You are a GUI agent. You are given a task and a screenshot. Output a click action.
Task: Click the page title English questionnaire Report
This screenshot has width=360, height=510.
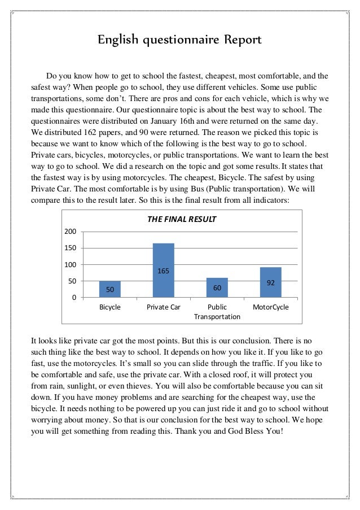click(x=179, y=41)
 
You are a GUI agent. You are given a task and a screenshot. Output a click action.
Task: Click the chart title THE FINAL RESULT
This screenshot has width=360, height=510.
click(x=182, y=218)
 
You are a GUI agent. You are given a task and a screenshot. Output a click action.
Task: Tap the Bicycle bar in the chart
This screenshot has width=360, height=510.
click(x=109, y=289)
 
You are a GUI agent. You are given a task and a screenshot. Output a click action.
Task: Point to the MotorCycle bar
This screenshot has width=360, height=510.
click(x=270, y=282)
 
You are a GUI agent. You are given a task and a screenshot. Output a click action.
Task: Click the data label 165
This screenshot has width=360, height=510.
click(x=163, y=272)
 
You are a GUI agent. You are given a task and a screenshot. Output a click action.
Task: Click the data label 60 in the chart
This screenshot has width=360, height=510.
click(x=217, y=288)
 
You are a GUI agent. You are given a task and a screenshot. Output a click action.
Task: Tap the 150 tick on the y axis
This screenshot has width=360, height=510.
click(x=71, y=249)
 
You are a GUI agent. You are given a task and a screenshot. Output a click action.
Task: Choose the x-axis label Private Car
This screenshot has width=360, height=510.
click(x=163, y=307)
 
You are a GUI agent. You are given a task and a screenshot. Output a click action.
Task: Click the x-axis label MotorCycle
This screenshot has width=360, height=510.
click(x=270, y=307)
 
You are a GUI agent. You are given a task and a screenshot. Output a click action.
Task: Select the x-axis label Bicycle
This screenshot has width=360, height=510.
click(x=109, y=307)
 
